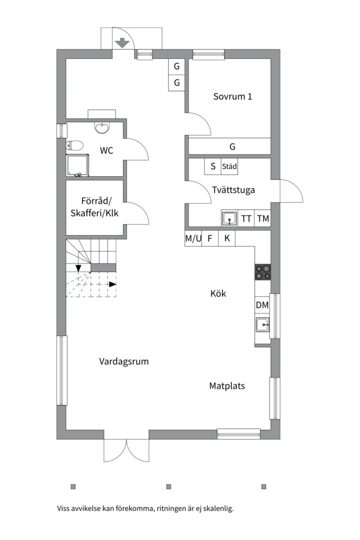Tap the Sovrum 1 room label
tap(232, 96)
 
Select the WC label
tap(106, 150)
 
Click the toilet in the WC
tap(75, 145)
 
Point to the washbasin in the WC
tap(102, 128)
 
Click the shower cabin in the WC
tap(78, 165)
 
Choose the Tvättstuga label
tap(233, 190)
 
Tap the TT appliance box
tap(246, 218)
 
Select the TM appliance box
tap(263, 218)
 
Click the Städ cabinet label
tap(229, 166)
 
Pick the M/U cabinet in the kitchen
tap(193, 238)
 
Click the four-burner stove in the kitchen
tap(262, 272)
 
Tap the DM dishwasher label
tap(262, 305)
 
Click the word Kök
tap(218, 294)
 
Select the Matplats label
tap(227, 386)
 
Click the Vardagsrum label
tap(124, 362)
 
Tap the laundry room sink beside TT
tap(229, 218)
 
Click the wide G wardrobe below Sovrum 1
tap(229, 146)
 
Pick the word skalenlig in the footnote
tap(218, 508)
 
